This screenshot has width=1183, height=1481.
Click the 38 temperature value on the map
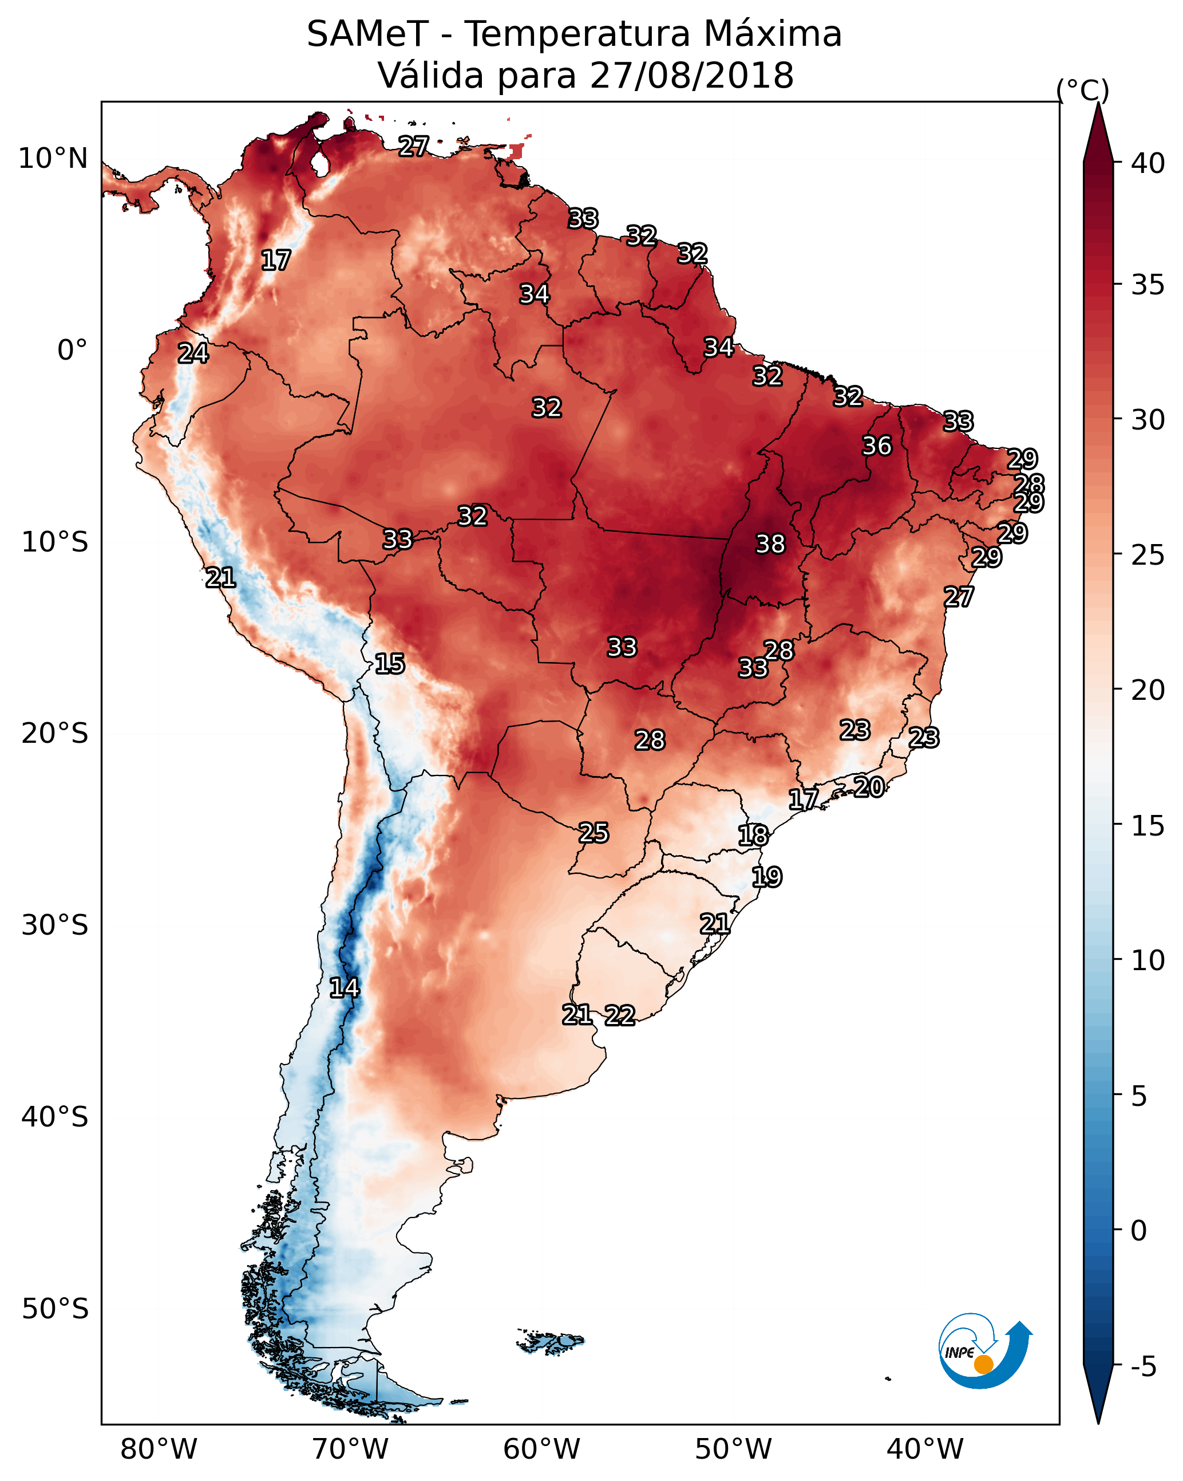click(x=770, y=544)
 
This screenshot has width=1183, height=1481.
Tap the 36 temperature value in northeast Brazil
click(x=877, y=446)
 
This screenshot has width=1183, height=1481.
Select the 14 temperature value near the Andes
click(x=344, y=988)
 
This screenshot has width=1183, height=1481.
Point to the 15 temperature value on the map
click(x=389, y=664)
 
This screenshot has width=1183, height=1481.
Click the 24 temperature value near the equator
click(x=193, y=353)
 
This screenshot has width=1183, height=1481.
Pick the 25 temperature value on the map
click(x=593, y=833)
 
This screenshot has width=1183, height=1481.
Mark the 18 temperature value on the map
click(x=753, y=836)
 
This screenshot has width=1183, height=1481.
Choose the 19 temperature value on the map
click(x=766, y=877)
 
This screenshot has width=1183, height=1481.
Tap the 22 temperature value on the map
click(x=619, y=1015)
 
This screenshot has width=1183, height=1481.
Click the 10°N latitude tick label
click(x=53, y=159)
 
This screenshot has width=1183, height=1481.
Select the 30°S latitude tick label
click(x=54, y=925)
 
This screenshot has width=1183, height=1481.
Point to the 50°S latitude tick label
click(x=54, y=1309)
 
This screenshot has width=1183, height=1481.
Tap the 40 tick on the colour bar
click(x=1148, y=163)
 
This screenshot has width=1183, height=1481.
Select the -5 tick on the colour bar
click(x=1143, y=1367)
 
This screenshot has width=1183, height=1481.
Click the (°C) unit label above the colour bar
click(x=1083, y=90)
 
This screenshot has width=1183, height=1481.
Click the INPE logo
click(x=984, y=1350)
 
